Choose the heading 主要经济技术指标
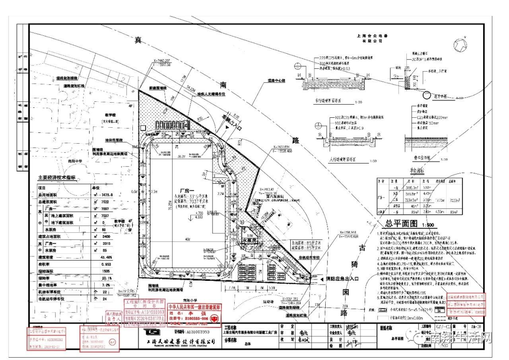click(59, 178)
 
